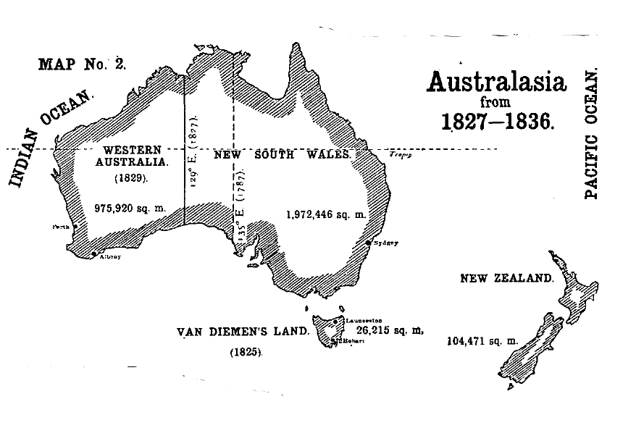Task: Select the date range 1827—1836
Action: [498, 120]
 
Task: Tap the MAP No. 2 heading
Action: [82, 64]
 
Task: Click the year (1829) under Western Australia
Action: [131, 177]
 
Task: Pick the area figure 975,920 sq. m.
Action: [130, 208]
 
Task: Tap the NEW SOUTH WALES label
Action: [283, 155]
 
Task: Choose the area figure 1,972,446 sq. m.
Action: [326, 214]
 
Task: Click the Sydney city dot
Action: [369, 243]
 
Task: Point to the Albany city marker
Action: [93, 253]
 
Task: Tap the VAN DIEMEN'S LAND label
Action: [243, 332]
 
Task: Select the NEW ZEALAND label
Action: [507, 278]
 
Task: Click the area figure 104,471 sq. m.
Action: [482, 340]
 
